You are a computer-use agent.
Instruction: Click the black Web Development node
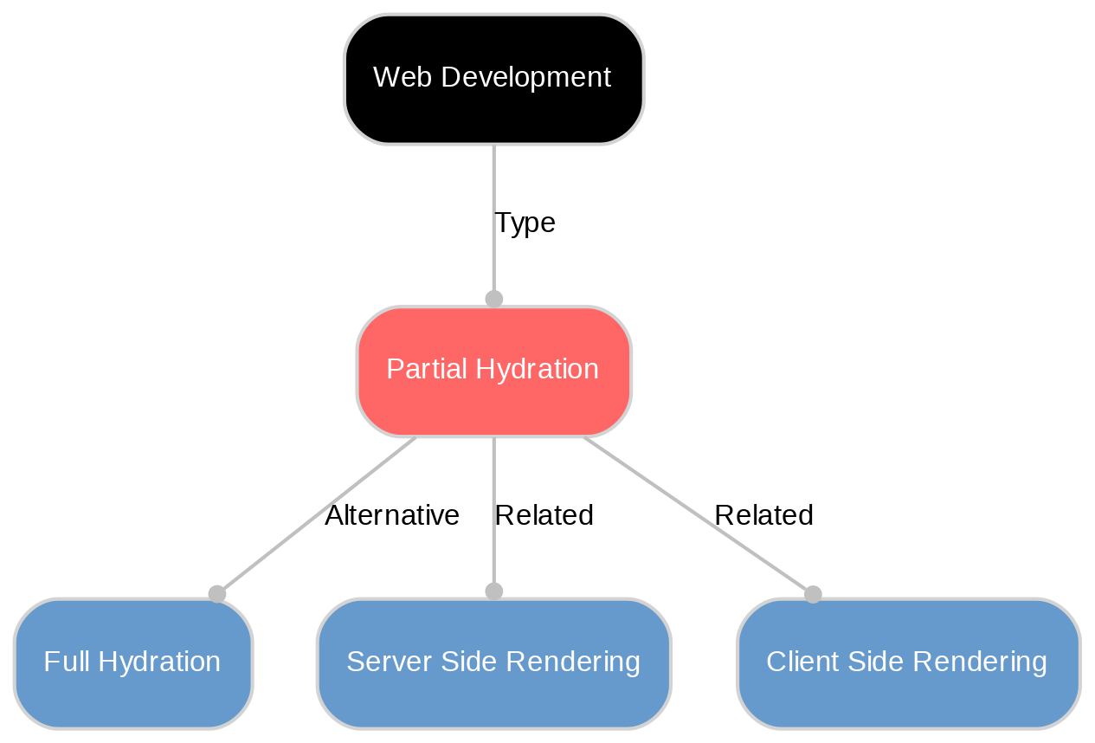pyautogui.click(x=493, y=79)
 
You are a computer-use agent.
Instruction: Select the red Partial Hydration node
pyautogui.click(x=493, y=371)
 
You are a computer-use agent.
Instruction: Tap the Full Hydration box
pyautogui.click(x=132, y=662)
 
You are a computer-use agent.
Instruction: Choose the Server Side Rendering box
pyautogui.click(x=493, y=662)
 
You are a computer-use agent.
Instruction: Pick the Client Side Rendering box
pyautogui.click(x=907, y=662)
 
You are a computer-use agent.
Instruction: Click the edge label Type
pyautogui.click(x=524, y=223)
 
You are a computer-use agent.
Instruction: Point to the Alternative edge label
pyautogui.click(x=391, y=515)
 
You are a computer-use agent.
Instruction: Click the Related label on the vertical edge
pyautogui.click(x=544, y=515)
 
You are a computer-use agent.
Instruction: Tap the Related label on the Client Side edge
pyautogui.click(x=763, y=515)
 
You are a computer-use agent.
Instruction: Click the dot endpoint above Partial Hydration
pyautogui.click(x=493, y=299)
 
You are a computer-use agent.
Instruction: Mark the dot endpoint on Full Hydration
pyautogui.click(x=217, y=593)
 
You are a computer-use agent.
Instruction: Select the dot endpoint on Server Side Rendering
pyautogui.click(x=493, y=591)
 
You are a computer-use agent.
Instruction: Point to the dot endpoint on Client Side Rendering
pyautogui.click(x=812, y=593)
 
